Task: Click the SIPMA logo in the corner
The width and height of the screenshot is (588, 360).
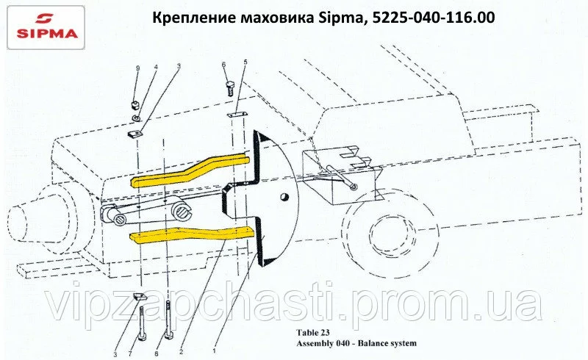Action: tap(46, 28)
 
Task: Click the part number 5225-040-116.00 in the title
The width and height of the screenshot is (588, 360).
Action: tap(433, 17)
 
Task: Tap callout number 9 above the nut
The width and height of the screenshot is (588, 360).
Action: tap(138, 68)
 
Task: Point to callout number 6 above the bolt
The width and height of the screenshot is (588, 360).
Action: tap(224, 65)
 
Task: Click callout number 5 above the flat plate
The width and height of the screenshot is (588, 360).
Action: tap(245, 61)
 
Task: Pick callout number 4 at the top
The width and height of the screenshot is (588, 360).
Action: tap(156, 68)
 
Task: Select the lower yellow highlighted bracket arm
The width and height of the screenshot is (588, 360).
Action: tap(192, 234)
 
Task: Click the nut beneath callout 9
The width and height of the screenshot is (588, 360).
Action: tap(136, 105)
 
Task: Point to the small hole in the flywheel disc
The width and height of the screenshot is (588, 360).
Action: tap(284, 196)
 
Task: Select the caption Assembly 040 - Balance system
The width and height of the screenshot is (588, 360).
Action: tap(356, 344)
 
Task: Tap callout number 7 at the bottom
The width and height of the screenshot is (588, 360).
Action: tap(131, 353)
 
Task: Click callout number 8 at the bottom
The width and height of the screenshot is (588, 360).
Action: tap(157, 353)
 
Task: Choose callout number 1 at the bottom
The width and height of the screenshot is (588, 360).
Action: tap(214, 351)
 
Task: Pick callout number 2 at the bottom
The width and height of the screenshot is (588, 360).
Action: tap(181, 352)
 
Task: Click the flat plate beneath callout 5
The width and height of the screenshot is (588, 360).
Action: tap(237, 114)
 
